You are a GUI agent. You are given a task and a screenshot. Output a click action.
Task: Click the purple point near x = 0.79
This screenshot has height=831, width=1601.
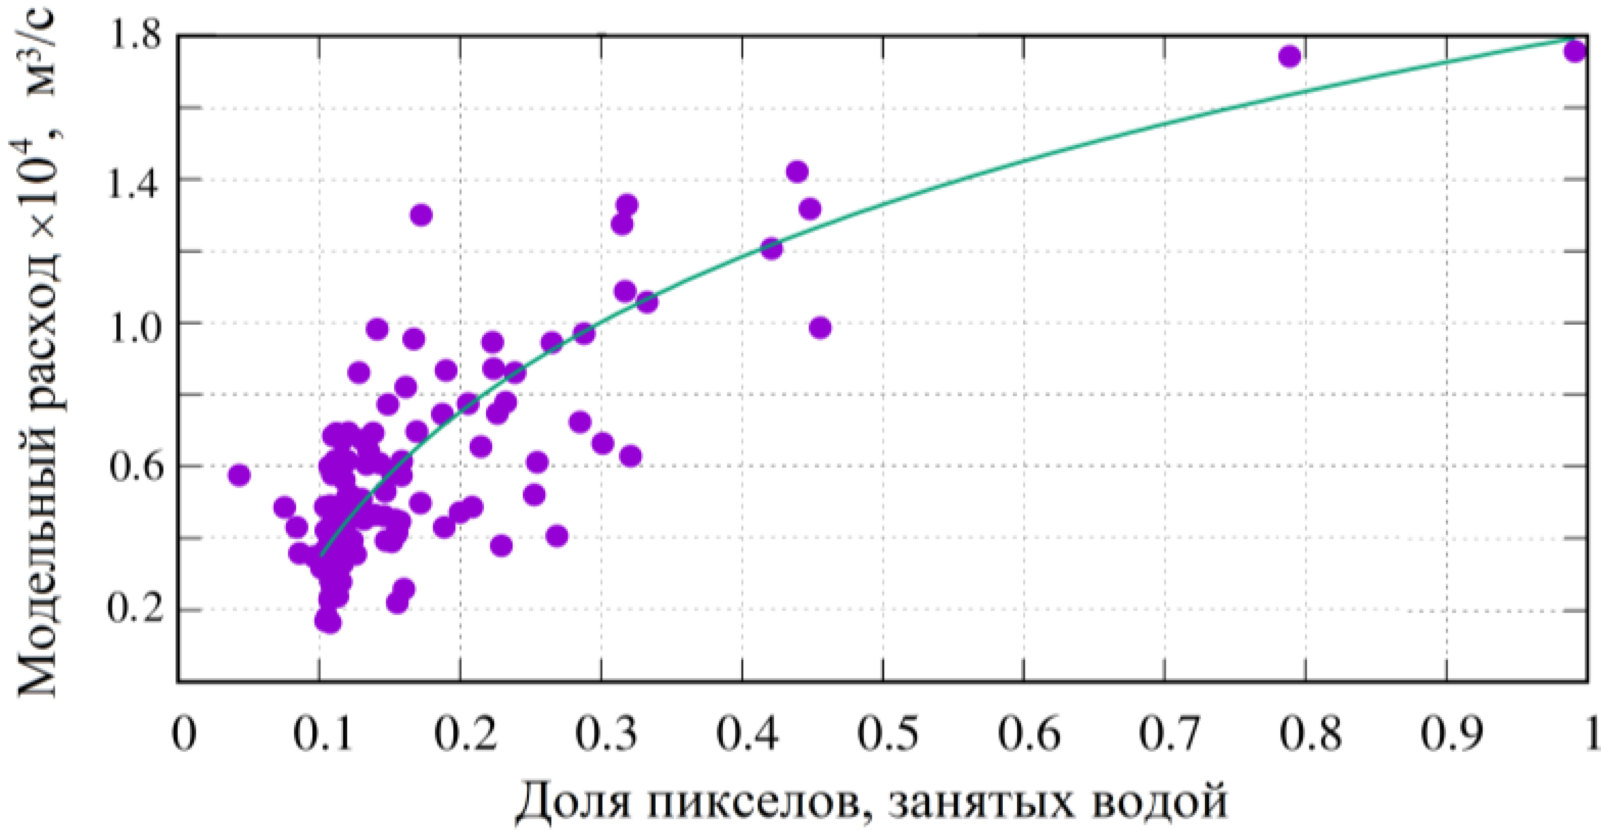[x=1290, y=56]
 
